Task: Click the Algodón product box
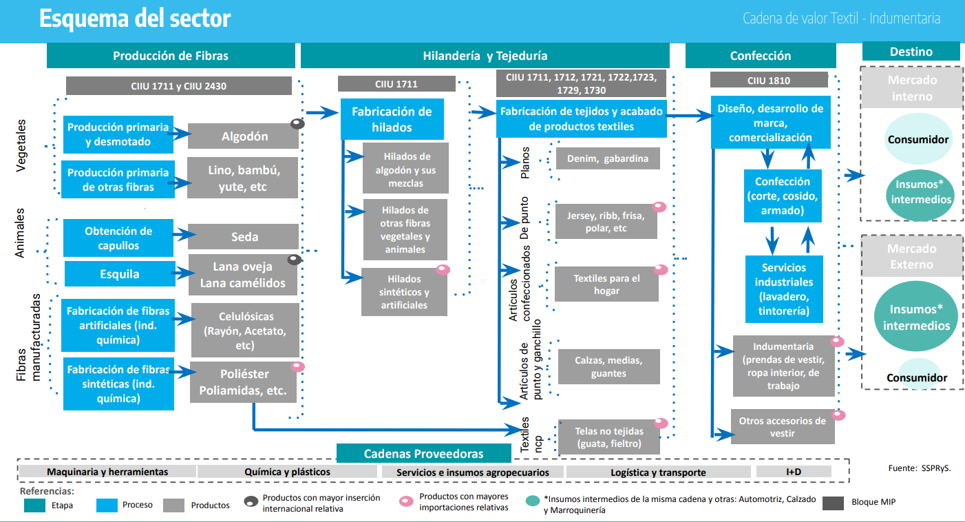pyautogui.click(x=244, y=136)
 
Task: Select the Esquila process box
pyautogui.click(x=120, y=273)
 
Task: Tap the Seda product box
pyautogui.click(x=244, y=236)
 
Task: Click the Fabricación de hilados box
pyautogui.click(x=392, y=119)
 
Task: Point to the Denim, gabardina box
pyautogui.click(x=608, y=158)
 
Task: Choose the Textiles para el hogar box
pyautogui.click(x=606, y=284)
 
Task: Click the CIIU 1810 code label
pyautogui.click(x=769, y=80)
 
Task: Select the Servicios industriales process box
pyautogui.click(x=784, y=289)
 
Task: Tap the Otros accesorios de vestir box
pyautogui.click(x=783, y=427)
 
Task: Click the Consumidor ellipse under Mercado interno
pyautogui.click(x=918, y=139)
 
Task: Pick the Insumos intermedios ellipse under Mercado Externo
pyautogui.click(x=916, y=317)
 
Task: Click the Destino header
pyautogui.click(x=911, y=52)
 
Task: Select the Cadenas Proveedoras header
pyautogui.click(x=424, y=453)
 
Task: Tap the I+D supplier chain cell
pyautogui.click(x=794, y=472)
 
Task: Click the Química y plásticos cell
pyautogui.click(x=287, y=472)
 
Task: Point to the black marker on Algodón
pyautogui.click(x=297, y=124)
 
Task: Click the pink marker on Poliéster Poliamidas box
pyautogui.click(x=297, y=367)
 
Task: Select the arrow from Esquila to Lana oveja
pyautogui.click(x=183, y=273)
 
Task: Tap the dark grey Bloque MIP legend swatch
pyautogui.click(x=833, y=503)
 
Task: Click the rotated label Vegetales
pyautogui.click(x=21, y=146)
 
